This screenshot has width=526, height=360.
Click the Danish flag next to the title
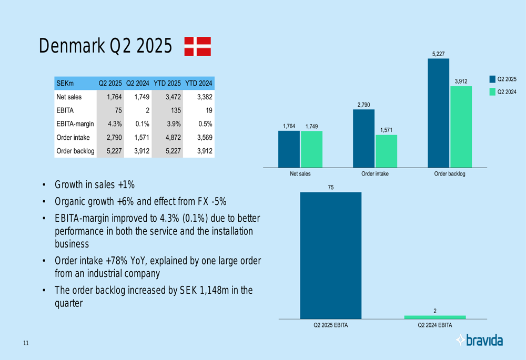pos(198,46)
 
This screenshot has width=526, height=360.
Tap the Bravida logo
pos(479,341)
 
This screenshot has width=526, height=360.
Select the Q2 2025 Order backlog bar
pos(438,113)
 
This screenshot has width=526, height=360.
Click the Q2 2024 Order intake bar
pos(386,151)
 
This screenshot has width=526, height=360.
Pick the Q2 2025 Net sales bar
pos(289,149)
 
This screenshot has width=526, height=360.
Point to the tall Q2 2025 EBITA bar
pos(331,255)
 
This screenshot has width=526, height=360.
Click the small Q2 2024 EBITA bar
pos(434,317)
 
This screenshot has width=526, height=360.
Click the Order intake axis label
pos(375,174)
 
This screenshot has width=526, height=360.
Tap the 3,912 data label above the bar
pos(461,81)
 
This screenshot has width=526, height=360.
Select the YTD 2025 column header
pos(167,83)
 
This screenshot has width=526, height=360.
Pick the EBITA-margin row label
pos(75,124)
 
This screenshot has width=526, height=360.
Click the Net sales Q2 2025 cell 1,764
pos(114,97)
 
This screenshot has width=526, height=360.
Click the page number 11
pos(26,344)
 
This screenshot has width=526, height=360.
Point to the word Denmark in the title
pos(71,46)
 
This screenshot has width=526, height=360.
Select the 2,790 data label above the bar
pos(363,105)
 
